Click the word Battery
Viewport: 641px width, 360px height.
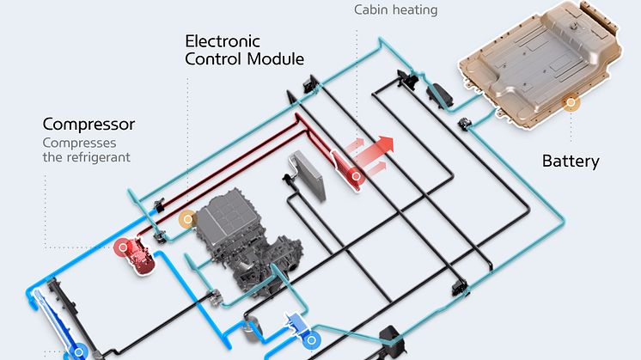tap(570, 161)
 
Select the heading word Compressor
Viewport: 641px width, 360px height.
tap(89, 124)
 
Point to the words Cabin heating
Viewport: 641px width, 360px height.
tap(395, 10)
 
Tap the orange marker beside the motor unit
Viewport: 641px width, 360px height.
tap(185, 220)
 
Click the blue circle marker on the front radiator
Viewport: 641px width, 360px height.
tap(79, 351)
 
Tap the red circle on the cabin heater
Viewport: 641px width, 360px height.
tap(355, 176)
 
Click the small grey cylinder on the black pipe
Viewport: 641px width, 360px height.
tap(252, 327)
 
